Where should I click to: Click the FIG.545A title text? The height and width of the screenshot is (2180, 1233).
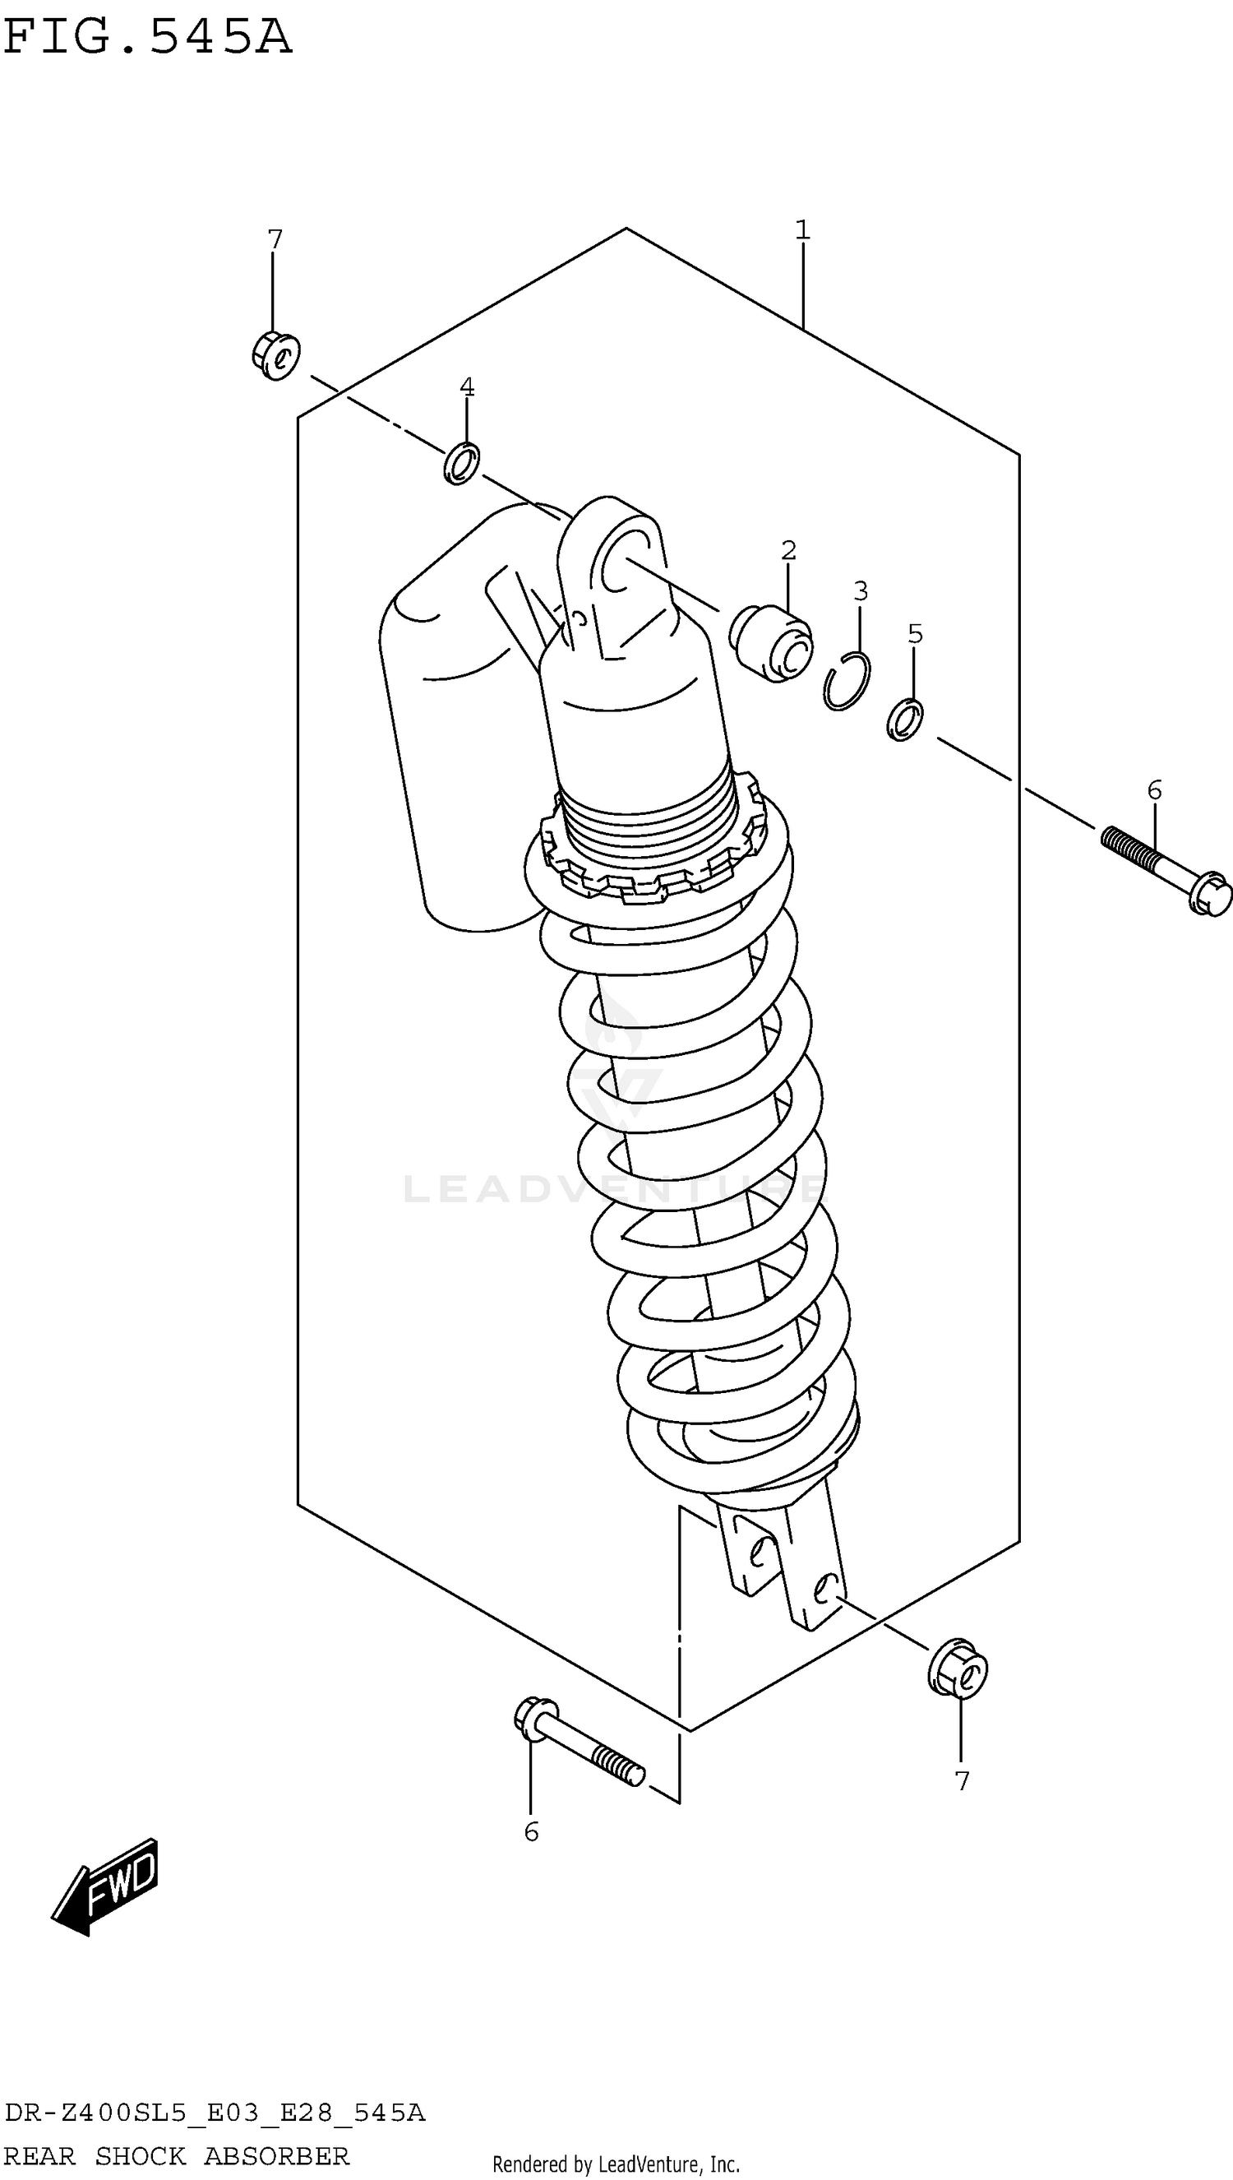(147, 38)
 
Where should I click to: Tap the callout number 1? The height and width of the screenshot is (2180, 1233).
(802, 229)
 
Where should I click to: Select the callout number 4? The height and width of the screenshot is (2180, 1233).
(467, 387)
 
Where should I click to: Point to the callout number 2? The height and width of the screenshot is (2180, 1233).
(788, 550)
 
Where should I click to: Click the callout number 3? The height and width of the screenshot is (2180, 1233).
(861, 591)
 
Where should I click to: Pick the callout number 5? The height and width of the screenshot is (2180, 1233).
(916, 633)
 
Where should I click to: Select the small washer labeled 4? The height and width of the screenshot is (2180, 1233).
(461, 464)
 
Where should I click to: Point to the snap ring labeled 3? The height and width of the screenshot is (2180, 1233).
(846, 682)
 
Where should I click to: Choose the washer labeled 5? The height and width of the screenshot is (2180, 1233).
(904, 720)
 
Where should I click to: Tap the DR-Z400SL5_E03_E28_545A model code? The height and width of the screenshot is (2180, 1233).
(215, 2113)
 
